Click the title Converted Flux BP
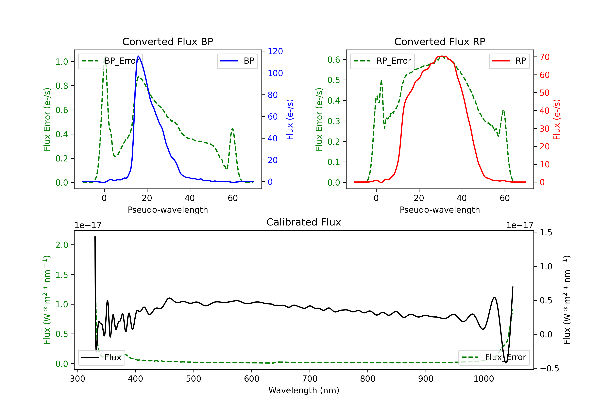pos(168,41)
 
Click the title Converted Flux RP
pos(440,41)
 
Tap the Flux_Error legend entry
pos(494,357)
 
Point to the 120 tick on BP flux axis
pos(275,51)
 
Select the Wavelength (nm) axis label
pos(304,390)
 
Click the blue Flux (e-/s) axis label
pos(290,119)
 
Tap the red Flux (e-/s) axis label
pos(557,119)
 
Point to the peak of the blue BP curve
pos(138,56)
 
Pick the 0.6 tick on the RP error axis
pos(333,60)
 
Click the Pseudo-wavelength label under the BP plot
pos(168,210)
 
